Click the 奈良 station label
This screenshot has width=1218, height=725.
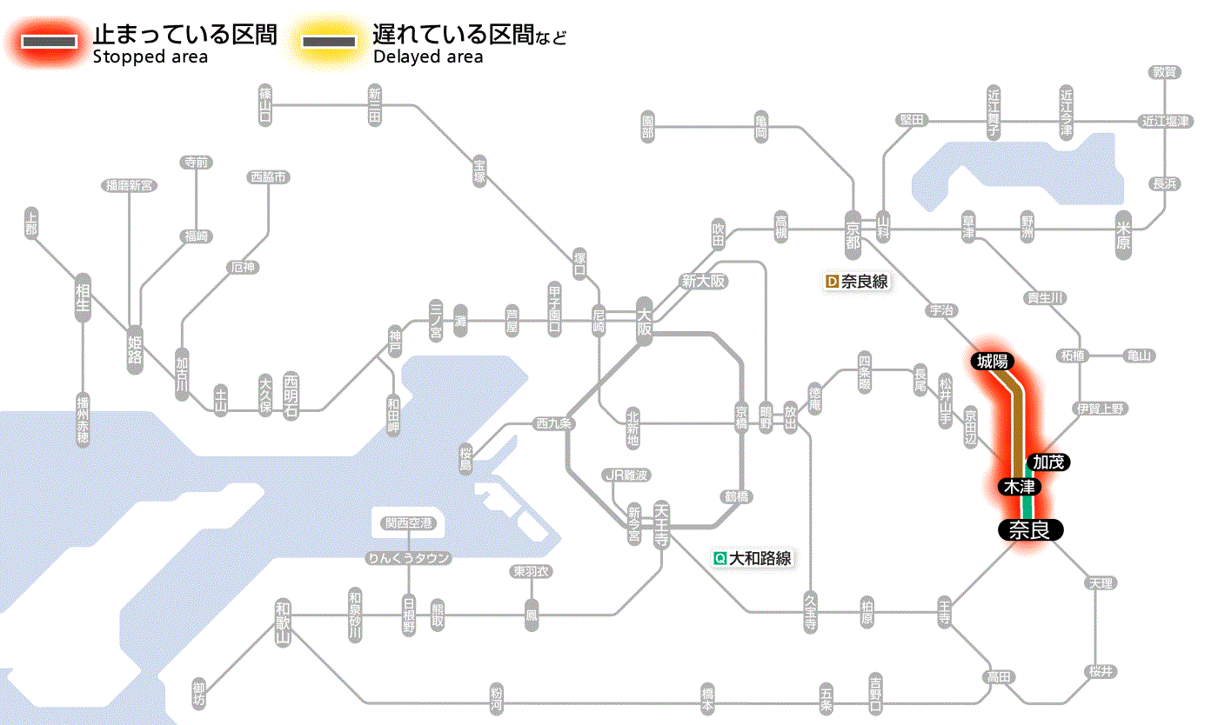[x=1030, y=529]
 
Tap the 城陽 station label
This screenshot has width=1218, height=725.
[x=992, y=361]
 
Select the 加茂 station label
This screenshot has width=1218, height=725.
[x=1048, y=462]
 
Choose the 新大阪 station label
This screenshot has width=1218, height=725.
[x=703, y=281]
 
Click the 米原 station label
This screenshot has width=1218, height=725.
[x=1122, y=234]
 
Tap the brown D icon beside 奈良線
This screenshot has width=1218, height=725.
[x=832, y=282]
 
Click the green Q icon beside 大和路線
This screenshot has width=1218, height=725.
[x=719, y=558]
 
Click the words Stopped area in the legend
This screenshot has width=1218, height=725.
[x=151, y=57]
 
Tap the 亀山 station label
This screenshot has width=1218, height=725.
[x=1139, y=356]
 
